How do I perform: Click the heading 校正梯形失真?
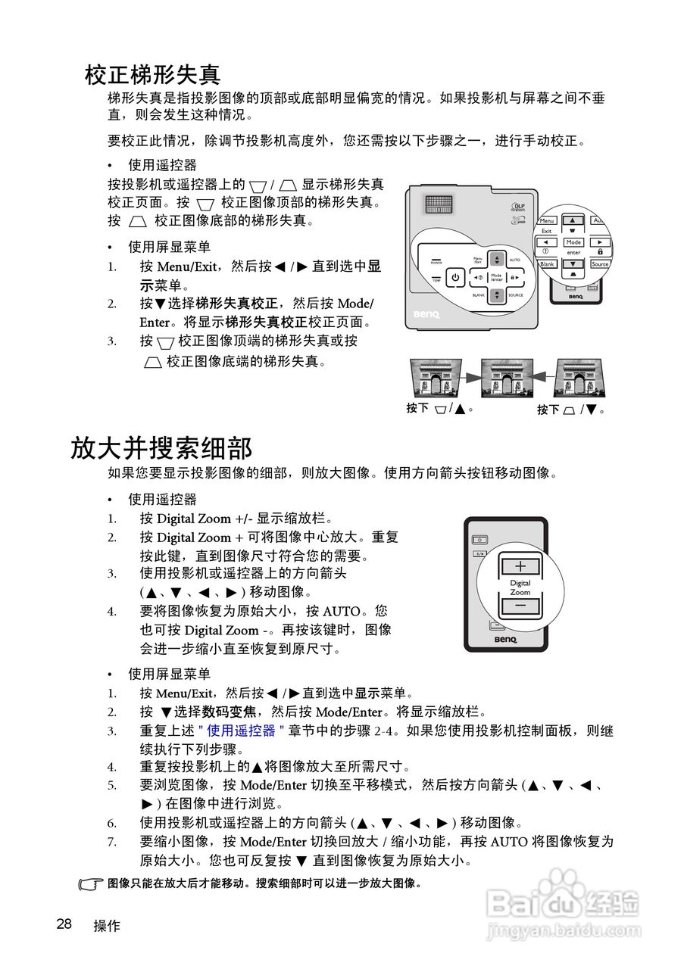point(152,74)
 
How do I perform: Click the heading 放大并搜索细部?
point(161,447)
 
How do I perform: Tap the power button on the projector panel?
point(454,278)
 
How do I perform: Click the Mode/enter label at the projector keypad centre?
point(496,278)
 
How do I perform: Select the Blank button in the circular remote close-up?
point(548,264)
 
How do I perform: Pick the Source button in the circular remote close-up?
point(600,264)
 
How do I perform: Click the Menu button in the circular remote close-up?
point(547,221)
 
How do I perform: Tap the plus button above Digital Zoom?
point(520,566)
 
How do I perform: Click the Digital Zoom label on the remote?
point(520,587)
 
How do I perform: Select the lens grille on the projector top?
point(439,204)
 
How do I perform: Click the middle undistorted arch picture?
point(507,376)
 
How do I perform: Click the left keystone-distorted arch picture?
point(436,376)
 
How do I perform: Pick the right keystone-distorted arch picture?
point(579,376)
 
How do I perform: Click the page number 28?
point(64,924)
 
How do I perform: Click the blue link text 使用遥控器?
point(241,731)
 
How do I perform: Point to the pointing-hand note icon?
point(91,884)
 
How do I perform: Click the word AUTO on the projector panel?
point(515,260)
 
